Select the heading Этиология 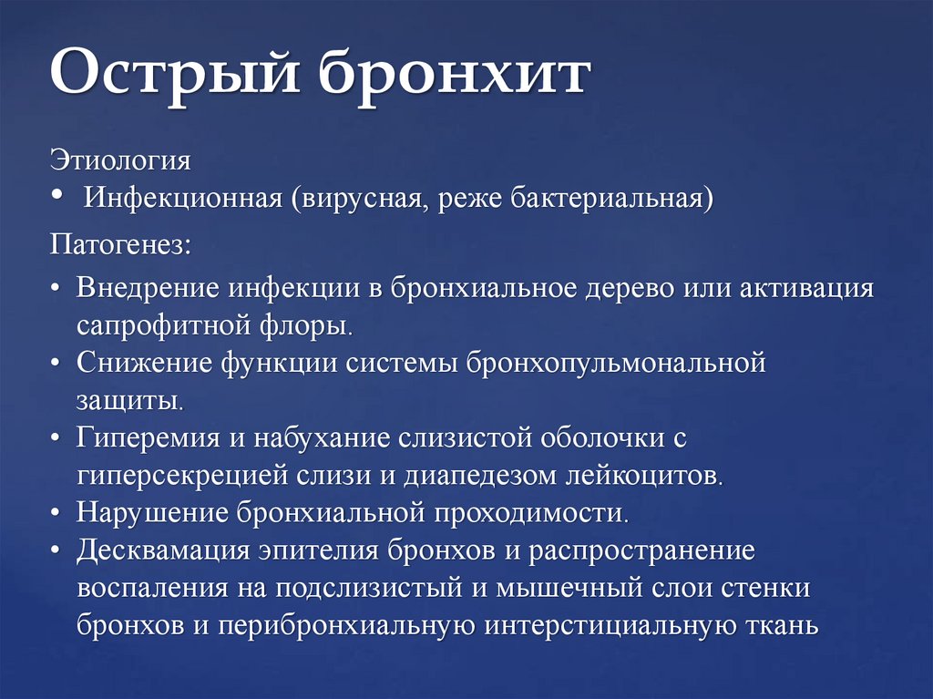(120, 160)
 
